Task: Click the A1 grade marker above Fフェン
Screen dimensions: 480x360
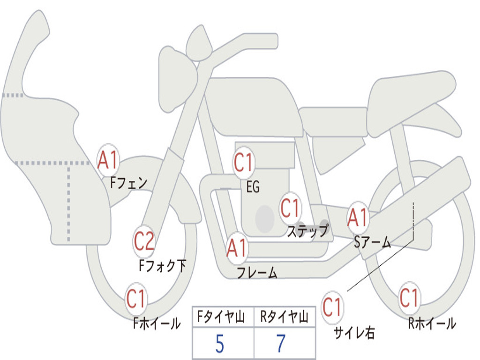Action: point(108,160)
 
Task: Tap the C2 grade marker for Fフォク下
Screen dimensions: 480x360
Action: point(144,241)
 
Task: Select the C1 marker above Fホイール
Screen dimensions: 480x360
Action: point(136,299)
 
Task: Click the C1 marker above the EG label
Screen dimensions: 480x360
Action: point(244,162)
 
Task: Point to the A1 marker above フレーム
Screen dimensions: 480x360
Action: point(237,247)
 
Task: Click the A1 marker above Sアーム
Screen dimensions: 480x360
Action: point(357,217)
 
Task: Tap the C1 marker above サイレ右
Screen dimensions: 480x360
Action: point(332,307)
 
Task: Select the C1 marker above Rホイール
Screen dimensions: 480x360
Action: point(409,298)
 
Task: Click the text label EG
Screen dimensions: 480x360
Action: point(253,187)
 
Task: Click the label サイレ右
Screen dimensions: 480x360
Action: point(354,333)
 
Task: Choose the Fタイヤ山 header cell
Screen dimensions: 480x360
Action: point(223,317)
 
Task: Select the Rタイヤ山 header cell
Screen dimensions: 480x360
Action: point(285,317)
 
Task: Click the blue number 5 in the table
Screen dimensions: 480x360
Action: point(220,344)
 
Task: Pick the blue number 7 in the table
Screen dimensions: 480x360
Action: point(281,344)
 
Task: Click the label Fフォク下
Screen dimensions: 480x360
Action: point(162,265)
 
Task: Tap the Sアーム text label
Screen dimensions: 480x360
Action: point(373,242)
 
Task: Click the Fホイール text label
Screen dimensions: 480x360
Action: point(157,323)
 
